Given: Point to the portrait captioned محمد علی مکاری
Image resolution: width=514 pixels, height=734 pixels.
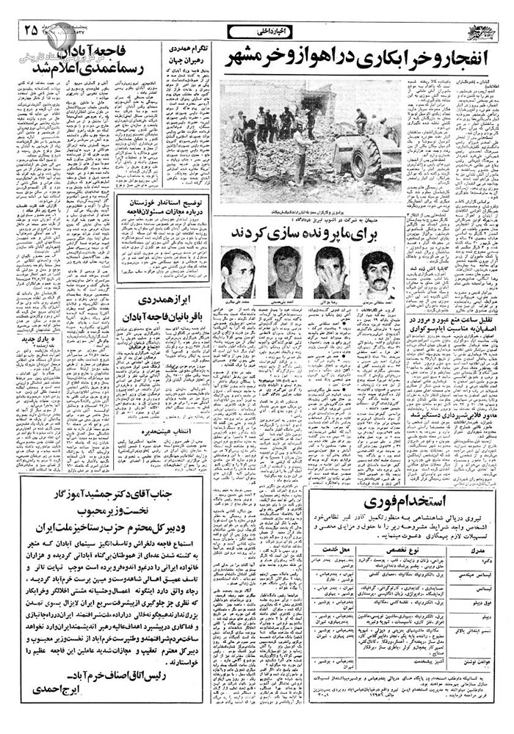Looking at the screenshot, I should (238, 276).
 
